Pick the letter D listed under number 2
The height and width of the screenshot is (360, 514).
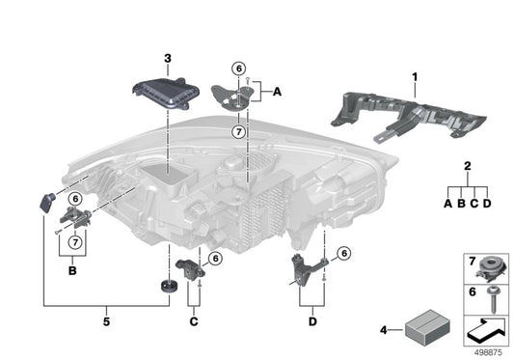click(x=487, y=204)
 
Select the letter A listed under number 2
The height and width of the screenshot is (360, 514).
click(x=446, y=204)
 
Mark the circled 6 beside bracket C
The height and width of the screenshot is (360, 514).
click(x=214, y=258)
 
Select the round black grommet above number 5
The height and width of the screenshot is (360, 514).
click(x=167, y=287)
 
